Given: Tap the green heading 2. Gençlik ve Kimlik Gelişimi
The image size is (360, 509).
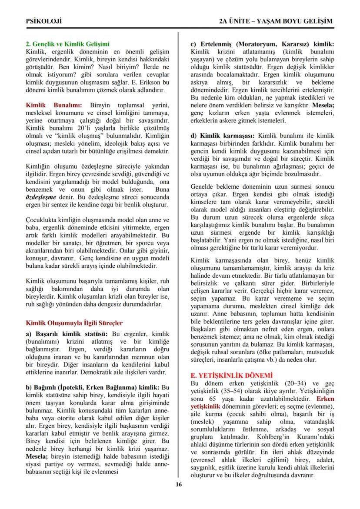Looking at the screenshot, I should [68, 44].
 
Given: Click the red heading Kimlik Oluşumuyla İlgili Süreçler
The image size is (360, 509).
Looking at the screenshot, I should [74, 323].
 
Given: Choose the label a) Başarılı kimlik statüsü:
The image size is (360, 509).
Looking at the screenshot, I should [68, 334].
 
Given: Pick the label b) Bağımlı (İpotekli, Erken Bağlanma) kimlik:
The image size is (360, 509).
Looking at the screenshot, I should [93, 387].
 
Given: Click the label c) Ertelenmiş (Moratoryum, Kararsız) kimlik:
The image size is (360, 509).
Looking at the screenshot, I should [263, 44].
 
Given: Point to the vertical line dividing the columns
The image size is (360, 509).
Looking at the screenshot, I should [179, 261].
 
